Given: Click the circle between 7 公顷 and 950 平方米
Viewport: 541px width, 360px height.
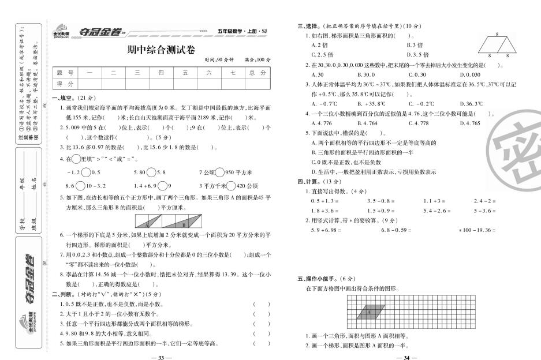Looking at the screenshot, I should [221, 172].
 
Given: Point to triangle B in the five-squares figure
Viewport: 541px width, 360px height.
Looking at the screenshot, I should [184, 223].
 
